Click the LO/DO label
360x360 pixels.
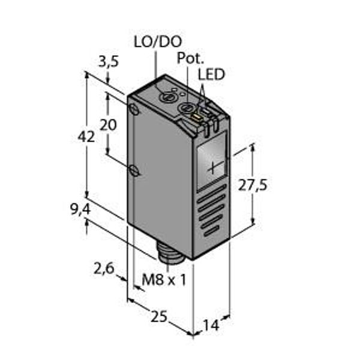(x=158, y=42)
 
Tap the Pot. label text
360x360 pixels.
(x=190, y=58)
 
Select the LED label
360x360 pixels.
(x=211, y=74)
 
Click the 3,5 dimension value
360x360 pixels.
(x=109, y=62)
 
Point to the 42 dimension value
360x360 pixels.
(x=86, y=137)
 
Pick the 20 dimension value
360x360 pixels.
(x=108, y=125)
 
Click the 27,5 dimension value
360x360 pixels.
(x=253, y=185)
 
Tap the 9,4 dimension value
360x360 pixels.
(x=80, y=209)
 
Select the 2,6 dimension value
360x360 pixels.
(x=104, y=268)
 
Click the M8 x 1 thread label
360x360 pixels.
(x=164, y=280)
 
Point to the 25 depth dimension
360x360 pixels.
(x=159, y=317)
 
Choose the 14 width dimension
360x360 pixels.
(x=211, y=325)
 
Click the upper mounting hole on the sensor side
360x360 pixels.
(x=134, y=109)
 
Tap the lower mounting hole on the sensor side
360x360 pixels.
(x=134, y=171)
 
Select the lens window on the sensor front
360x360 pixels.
(x=211, y=161)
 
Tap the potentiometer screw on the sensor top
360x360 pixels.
(x=186, y=107)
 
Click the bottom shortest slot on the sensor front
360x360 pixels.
(x=212, y=230)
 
